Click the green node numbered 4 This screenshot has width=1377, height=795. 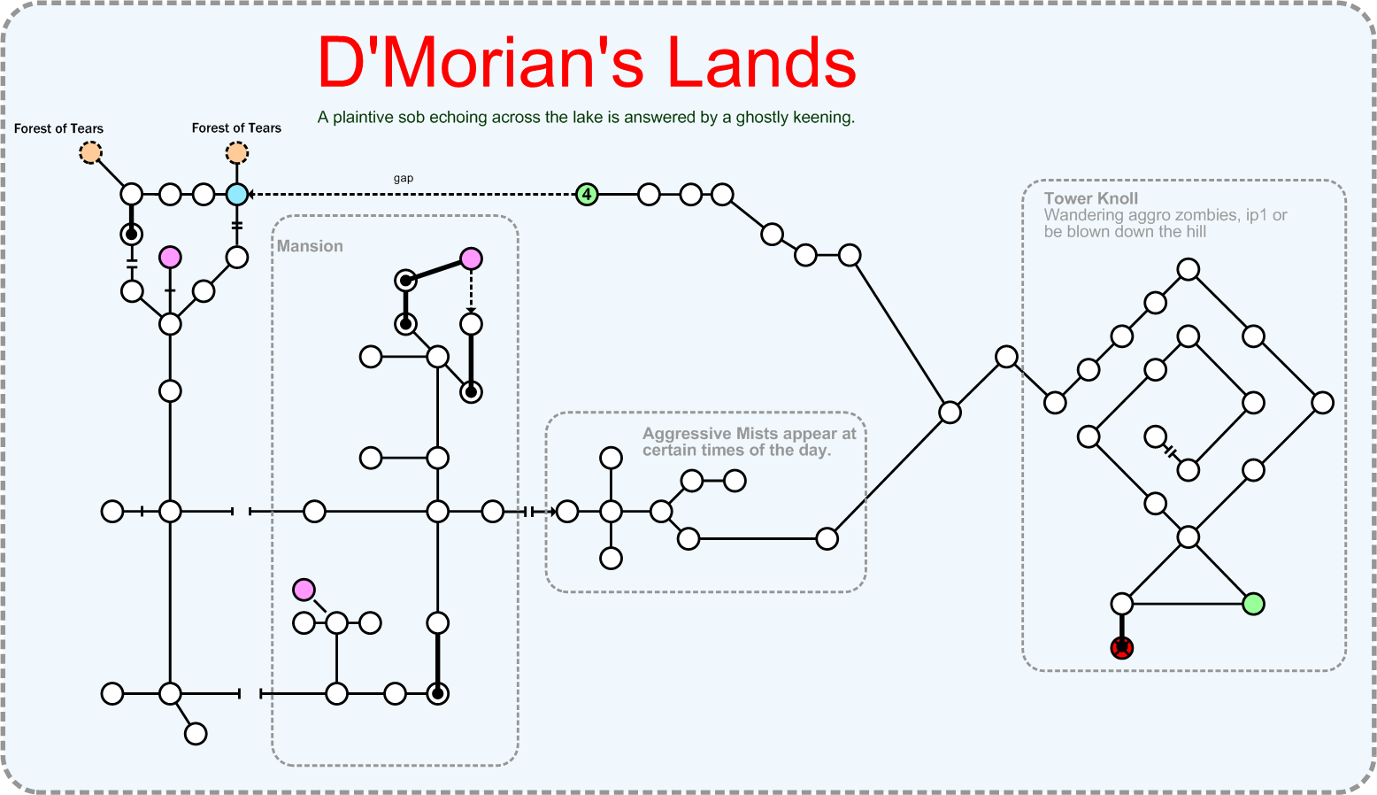point(587,194)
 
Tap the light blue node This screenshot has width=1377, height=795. point(237,194)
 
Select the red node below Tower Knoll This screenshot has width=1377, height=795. point(1122,648)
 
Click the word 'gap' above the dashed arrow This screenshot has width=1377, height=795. point(404,178)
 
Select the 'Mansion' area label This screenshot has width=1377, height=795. point(310,246)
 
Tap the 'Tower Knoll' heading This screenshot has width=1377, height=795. point(1091,198)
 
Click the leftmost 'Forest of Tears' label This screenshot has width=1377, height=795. point(58,128)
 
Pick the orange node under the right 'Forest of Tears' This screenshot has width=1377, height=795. point(237,153)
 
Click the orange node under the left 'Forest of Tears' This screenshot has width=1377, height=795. point(90,153)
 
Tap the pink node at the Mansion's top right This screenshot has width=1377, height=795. point(472,259)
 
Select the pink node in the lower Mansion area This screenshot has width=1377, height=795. point(304,590)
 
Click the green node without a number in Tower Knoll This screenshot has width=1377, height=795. point(1253,604)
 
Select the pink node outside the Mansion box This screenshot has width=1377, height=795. point(170,258)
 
